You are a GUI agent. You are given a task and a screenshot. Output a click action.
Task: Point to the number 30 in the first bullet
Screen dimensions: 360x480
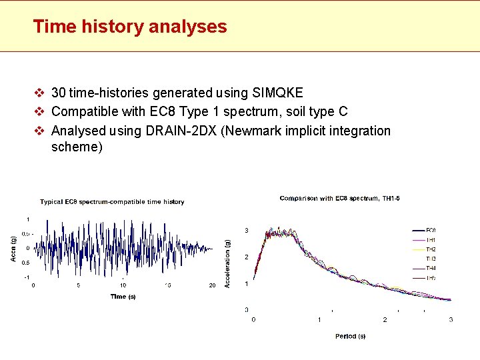(x=59, y=93)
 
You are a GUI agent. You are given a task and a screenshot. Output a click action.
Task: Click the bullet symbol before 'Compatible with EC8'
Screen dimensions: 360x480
(x=39, y=111)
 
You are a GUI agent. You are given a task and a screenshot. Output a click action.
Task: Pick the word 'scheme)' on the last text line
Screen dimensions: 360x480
(x=77, y=147)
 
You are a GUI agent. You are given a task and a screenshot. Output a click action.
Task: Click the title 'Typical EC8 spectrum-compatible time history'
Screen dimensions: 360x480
(x=112, y=202)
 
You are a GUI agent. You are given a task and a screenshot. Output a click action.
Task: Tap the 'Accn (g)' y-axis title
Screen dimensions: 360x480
(x=14, y=248)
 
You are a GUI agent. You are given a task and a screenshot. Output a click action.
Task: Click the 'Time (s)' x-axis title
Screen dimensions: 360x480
(x=123, y=297)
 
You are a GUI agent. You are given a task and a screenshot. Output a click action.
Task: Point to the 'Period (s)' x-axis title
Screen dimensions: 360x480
(x=350, y=336)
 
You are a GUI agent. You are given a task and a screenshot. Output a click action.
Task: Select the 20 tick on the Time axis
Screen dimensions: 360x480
(x=212, y=285)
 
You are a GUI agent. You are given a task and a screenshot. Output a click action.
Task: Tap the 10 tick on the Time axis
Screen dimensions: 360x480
(x=123, y=285)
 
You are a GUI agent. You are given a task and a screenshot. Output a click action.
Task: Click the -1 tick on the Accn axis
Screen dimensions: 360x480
(x=27, y=277)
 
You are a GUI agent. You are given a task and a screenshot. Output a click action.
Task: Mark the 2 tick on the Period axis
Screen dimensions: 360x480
(x=385, y=320)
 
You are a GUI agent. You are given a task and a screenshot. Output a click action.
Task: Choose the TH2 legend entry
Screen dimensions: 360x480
(x=431, y=249)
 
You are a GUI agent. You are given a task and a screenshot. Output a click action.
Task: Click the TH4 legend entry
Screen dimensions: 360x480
(x=431, y=268)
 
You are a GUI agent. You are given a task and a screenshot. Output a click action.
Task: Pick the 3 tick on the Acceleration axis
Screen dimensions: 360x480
(x=247, y=231)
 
